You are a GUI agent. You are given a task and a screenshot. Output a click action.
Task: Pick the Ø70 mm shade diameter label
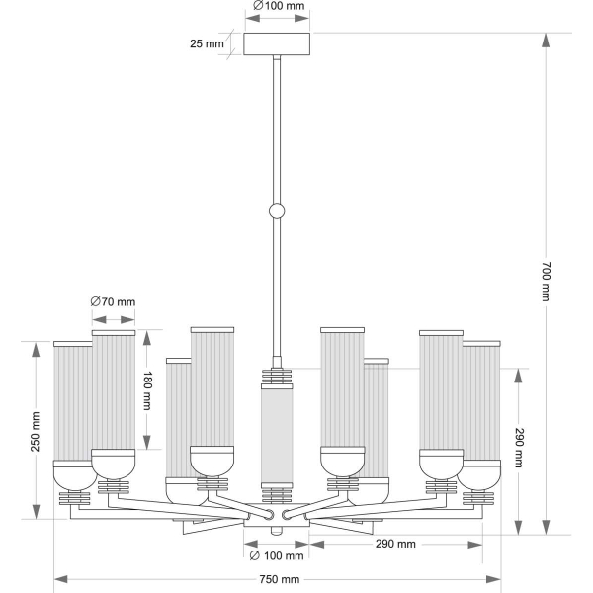point(113,302)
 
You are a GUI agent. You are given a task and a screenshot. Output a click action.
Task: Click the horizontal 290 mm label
point(394,545)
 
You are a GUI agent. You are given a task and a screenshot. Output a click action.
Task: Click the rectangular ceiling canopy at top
point(278,44)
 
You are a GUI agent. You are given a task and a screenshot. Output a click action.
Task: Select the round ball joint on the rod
point(278,211)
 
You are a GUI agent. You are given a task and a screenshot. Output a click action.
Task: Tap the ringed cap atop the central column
point(278,377)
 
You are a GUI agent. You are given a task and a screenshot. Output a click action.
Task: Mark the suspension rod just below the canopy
point(278,99)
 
